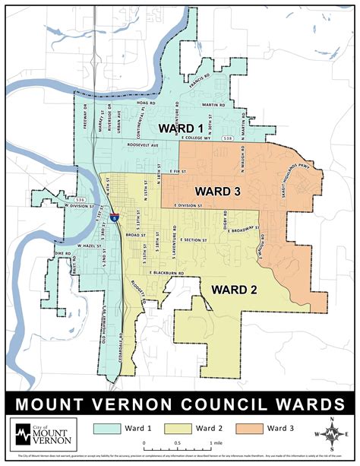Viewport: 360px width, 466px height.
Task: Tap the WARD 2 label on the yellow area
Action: (x=235, y=290)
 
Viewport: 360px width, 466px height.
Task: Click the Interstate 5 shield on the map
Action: (x=114, y=217)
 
